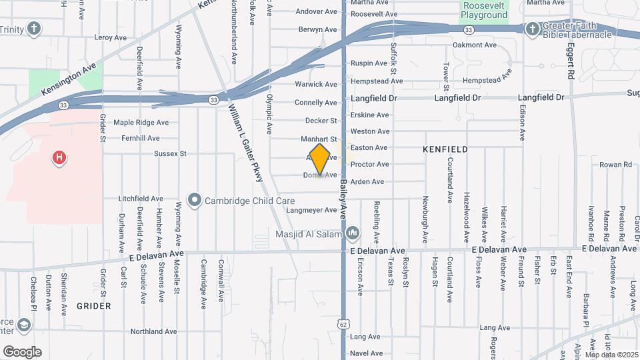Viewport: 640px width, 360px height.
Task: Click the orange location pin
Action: [320, 159]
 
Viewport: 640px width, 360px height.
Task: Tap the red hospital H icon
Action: [59, 158]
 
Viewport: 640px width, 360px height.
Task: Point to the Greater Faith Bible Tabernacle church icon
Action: [532, 29]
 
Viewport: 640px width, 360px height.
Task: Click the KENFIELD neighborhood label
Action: [445, 149]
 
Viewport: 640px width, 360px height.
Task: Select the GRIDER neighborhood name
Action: [93, 306]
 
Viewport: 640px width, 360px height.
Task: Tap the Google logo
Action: [22, 351]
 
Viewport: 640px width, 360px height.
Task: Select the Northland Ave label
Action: [154, 331]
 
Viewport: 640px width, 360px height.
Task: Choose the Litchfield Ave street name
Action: [141, 199]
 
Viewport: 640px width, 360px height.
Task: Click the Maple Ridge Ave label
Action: [141, 123]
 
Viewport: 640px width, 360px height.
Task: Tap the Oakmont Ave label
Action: [475, 45]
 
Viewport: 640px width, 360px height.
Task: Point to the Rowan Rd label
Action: [610, 164]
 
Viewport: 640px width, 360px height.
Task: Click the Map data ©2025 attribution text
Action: [611, 355]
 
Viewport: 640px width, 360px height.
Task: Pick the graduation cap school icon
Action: [24, 325]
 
